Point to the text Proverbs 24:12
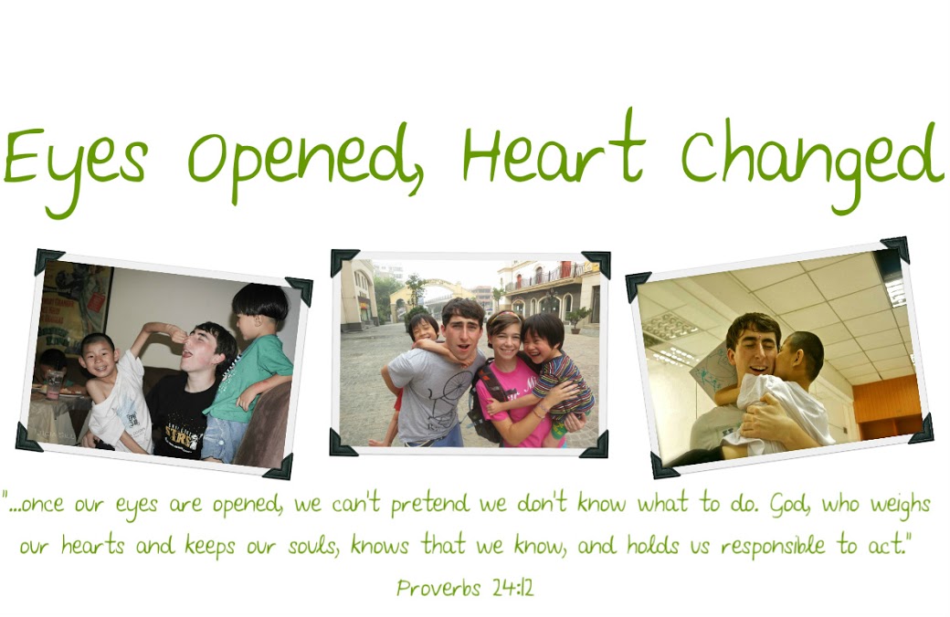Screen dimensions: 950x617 pos(465,587)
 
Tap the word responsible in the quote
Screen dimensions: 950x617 pos(773,546)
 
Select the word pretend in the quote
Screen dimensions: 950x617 pos(429,504)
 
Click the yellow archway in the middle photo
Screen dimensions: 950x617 pos(424,296)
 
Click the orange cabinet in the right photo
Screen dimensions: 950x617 pos(887,405)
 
